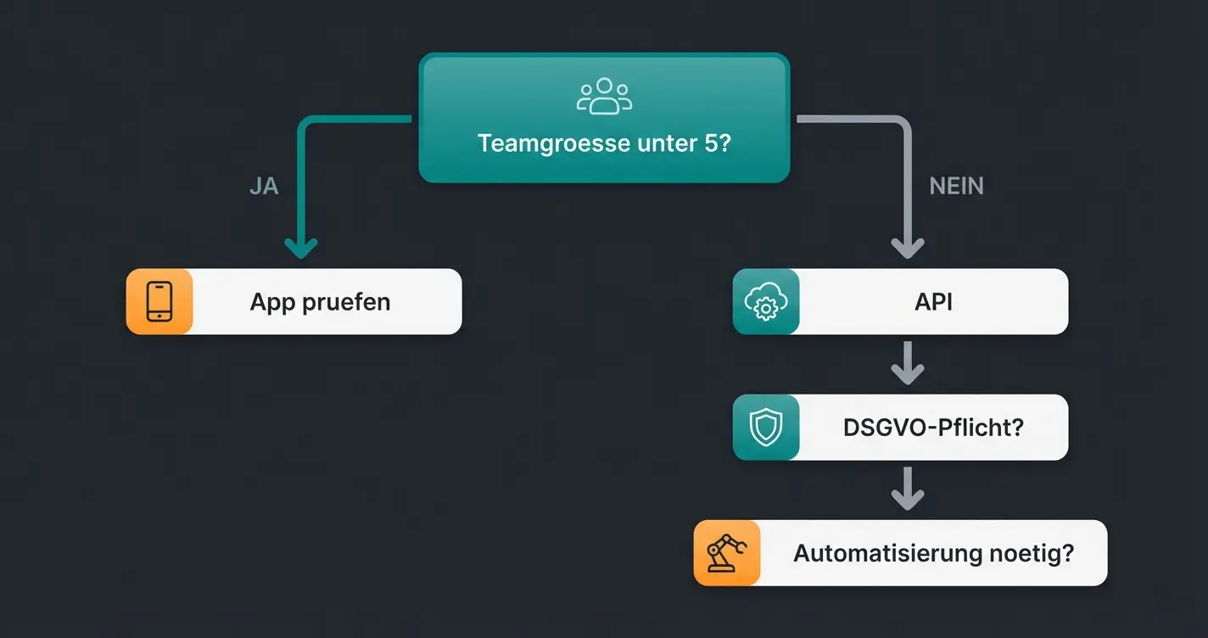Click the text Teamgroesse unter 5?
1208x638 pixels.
coord(604,143)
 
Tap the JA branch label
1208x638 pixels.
coord(264,187)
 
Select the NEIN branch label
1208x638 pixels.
coord(956,187)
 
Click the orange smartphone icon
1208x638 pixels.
coord(159,301)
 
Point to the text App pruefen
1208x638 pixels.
coord(320,302)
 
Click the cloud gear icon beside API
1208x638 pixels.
coord(765,301)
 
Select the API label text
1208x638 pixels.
coord(933,302)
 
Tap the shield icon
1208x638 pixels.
coord(765,428)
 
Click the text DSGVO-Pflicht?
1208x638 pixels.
coord(933,428)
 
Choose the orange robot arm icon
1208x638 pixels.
coord(726,553)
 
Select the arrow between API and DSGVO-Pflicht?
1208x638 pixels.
coord(907,364)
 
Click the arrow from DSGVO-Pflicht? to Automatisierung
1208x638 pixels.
coord(907,490)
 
